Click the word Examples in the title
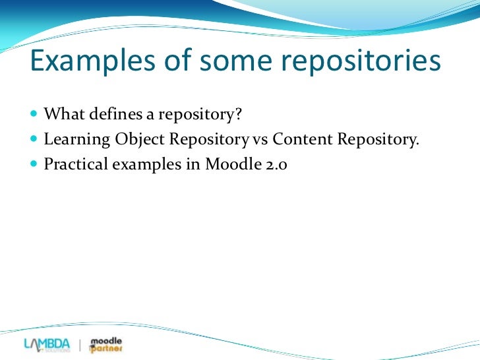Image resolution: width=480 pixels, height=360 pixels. pyautogui.click(x=84, y=63)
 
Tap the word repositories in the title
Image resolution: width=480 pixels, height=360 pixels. pyautogui.click(x=362, y=63)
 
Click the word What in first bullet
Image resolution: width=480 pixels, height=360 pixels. pyautogui.click(x=61, y=115)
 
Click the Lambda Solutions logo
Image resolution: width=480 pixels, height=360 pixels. pyautogui.click(x=46, y=344)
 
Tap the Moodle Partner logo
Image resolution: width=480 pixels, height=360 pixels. pyautogui.click(x=105, y=344)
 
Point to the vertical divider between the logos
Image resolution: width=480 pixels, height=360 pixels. pyautogui.click(x=80, y=345)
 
